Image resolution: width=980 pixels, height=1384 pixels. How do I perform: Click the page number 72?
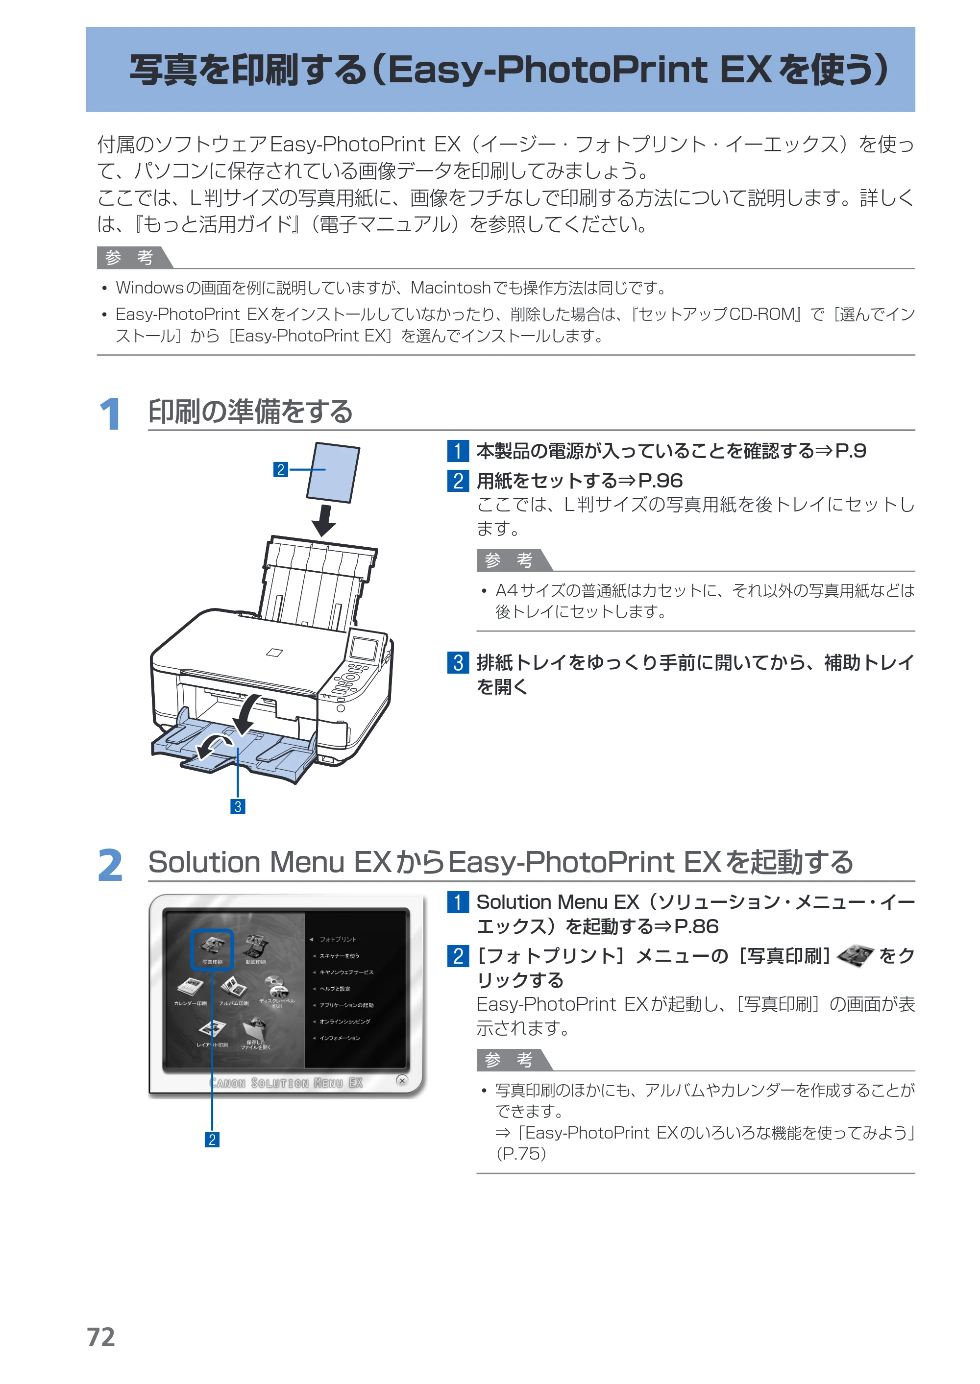101,1337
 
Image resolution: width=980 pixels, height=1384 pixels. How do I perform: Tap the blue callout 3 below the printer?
238,806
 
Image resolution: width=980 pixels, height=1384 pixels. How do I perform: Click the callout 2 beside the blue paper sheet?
281,469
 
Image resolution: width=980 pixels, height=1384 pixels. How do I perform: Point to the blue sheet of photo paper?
333,472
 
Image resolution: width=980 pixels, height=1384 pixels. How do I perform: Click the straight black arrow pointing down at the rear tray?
324,520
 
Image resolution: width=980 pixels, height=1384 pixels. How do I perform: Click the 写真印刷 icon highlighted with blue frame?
212,949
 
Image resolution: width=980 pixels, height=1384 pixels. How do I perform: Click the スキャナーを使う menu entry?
339,956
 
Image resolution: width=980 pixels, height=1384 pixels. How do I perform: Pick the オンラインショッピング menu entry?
344,1021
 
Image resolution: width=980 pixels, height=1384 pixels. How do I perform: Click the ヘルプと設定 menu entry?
335,989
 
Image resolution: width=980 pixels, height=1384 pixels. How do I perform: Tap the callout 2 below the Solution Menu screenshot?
212,1140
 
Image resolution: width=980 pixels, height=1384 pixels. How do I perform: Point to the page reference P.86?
696,926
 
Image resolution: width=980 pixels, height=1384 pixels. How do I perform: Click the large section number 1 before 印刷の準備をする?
110,414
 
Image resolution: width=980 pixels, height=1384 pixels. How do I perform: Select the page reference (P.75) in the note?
521,1154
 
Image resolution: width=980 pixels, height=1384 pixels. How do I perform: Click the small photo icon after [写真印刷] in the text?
855,956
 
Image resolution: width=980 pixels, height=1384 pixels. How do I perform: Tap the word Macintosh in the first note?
450,288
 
